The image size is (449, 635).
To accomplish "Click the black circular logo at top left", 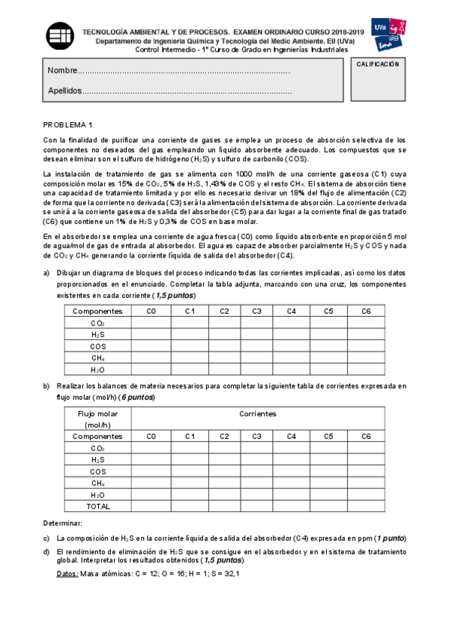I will point(61,36).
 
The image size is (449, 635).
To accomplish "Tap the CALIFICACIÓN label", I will point(376,64).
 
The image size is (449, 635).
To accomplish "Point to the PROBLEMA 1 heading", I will point(68,125).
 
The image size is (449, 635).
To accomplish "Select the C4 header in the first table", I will point(292,311).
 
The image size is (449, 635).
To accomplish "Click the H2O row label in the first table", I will point(97,370).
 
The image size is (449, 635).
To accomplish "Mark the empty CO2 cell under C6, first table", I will point(365,323).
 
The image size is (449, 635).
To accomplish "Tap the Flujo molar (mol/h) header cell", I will point(97,419).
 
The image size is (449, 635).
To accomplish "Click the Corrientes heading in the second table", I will point(258,413).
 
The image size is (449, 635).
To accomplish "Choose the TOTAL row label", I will point(97,507).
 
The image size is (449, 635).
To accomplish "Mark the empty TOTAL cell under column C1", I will point(190,507).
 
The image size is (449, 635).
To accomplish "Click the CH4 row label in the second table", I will point(97,483).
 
